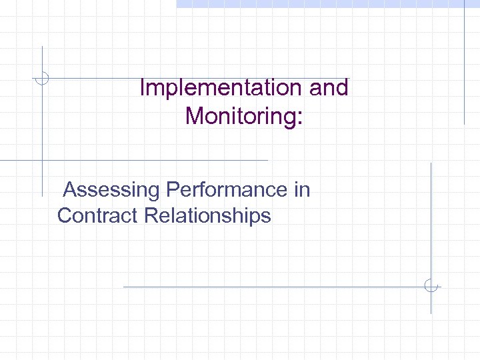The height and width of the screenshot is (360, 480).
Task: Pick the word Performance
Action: (x=227, y=190)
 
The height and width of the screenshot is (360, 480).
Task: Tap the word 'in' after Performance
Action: (x=302, y=190)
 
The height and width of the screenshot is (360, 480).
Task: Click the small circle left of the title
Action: (x=42, y=79)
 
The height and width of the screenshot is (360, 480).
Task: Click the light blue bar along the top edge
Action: (x=327, y=3)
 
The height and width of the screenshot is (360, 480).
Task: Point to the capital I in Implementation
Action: (x=143, y=87)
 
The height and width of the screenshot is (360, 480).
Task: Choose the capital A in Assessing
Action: (x=71, y=190)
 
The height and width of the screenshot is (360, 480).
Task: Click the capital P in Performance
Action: (x=173, y=190)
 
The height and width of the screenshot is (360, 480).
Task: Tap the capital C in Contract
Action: (x=65, y=215)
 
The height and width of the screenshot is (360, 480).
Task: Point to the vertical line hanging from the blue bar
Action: (x=464, y=67)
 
